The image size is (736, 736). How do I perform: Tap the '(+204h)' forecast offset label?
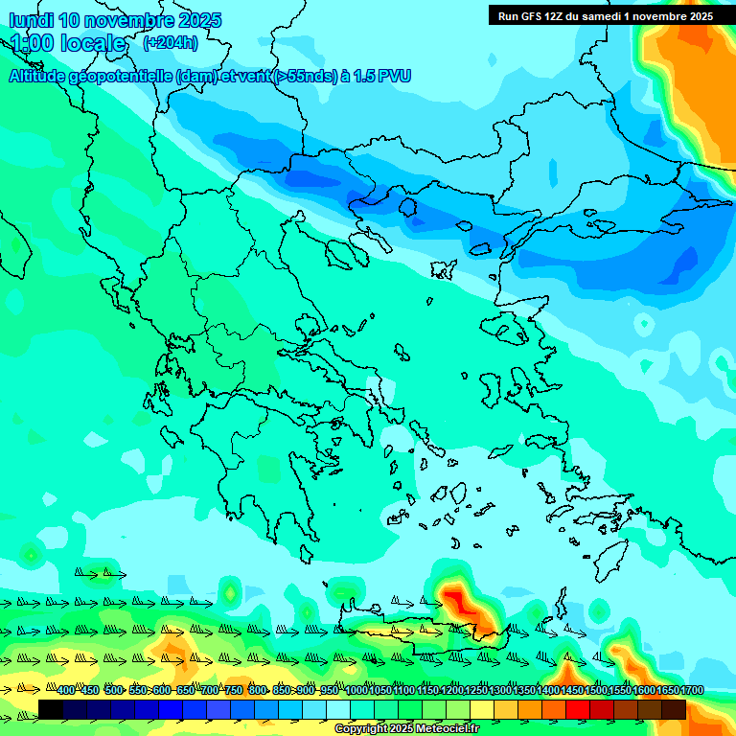(x=170, y=42)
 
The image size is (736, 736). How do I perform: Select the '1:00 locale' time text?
(x=68, y=43)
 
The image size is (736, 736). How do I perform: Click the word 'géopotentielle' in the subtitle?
(x=126, y=77)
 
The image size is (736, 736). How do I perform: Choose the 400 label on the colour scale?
(x=65, y=690)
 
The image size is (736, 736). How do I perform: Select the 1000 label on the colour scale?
(x=356, y=690)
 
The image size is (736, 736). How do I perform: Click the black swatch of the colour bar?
(x=51, y=709)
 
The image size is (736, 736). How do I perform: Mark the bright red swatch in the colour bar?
(x=578, y=709)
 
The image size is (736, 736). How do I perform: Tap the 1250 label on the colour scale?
(x=476, y=690)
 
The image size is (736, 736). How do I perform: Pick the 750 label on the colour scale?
(x=233, y=690)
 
